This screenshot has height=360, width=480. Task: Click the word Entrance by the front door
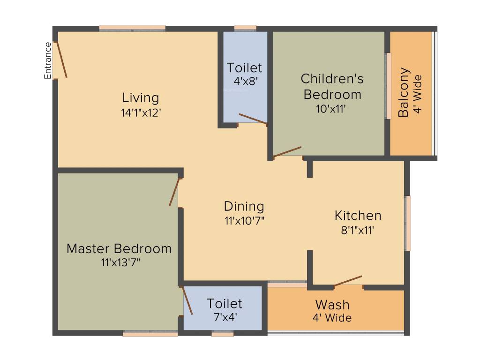tap(47, 60)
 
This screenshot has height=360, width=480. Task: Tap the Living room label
tap(141, 98)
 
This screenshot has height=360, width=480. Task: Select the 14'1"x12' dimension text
tap(141, 112)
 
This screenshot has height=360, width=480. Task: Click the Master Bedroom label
tap(119, 248)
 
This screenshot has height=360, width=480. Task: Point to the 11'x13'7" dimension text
tap(120, 262)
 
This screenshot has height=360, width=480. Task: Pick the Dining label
tap(244, 206)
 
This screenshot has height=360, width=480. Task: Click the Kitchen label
tap(358, 216)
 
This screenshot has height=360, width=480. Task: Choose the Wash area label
tap(332, 305)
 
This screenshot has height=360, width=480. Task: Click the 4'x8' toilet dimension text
tap(245, 81)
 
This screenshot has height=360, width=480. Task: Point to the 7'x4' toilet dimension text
tap(225, 316)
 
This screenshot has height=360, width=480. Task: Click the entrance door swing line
tap(61, 60)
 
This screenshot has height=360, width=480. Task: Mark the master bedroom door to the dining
tap(174, 192)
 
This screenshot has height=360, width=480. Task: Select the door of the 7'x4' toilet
tap(187, 300)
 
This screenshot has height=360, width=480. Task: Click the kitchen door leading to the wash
tap(348, 280)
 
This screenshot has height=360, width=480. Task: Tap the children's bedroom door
tap(287, 151)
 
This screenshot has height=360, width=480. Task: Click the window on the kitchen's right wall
tap(408, 223)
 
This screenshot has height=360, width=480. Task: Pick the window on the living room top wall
tap(132, 28)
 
